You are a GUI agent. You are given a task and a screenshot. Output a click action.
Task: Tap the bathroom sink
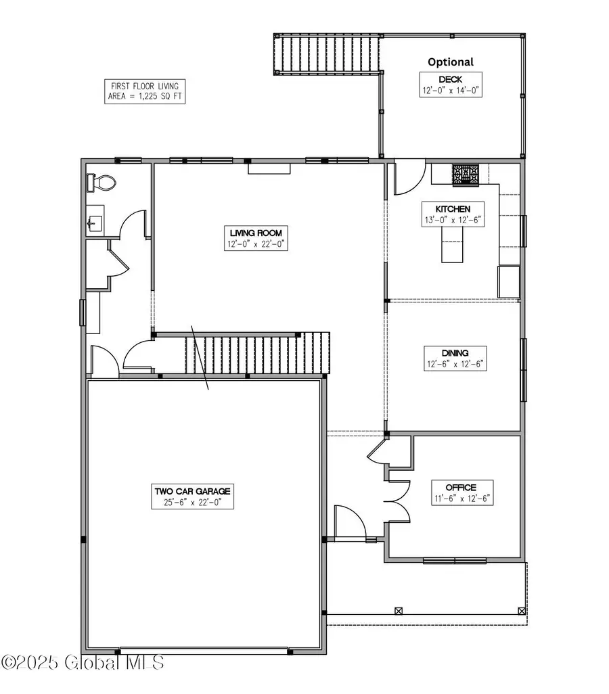click(x=95, y=221)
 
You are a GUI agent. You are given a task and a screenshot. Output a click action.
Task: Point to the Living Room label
click(x=258, y=233)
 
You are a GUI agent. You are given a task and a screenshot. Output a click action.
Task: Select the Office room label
click(x=460, y=487)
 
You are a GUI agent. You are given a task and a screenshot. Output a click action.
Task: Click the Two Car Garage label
click(x=192, y=491)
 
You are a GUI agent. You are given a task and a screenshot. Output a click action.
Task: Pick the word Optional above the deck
click(x=451, y=62)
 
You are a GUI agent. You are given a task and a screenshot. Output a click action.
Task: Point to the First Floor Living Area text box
click(x=145, y=91)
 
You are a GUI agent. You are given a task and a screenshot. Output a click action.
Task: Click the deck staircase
click(x=328, y=53)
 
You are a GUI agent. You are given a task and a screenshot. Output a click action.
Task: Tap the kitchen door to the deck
click(x=409, y=177)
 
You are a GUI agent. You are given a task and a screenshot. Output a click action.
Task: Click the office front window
click(x=454, y=560)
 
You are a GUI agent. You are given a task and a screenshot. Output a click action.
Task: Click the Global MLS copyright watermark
click(x=83, y=662)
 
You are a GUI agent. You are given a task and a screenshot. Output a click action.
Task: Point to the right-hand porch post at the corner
click(x=521, y=610)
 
